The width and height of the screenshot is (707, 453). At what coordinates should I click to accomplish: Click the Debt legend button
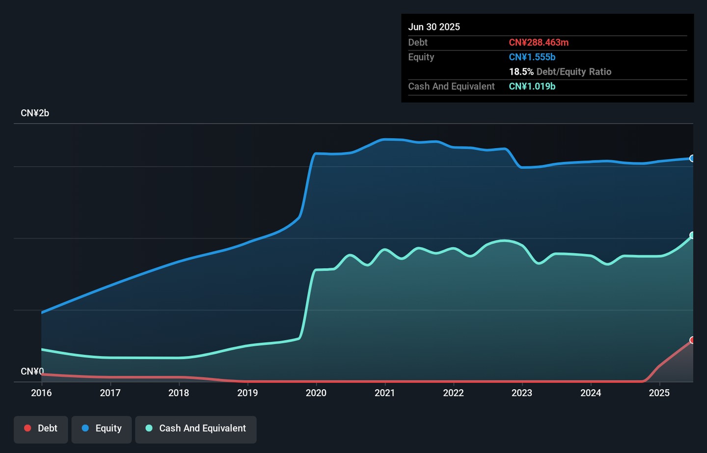(x=41, y=428)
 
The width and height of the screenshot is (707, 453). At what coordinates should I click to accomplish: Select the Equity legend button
(x=102, y=428)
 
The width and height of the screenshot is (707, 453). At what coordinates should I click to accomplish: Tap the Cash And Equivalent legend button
(x=196, y=428)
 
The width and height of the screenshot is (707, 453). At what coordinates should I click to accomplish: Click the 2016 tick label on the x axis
(x=41, y=393)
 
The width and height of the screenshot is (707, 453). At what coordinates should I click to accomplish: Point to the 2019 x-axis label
(x=247, y=393)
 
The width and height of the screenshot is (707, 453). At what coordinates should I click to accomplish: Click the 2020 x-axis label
(x=316, y=393)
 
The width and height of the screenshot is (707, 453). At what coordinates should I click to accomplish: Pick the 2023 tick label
(x=522, y=393)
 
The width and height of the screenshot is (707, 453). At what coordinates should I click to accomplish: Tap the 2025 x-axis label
(x=659, y=393)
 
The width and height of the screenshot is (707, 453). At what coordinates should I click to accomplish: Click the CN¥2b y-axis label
(x=35, y=113)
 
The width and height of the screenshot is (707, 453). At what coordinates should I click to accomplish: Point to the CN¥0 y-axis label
(x=32, y=371)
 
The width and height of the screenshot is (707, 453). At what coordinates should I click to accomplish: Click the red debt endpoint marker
(x=692, y=340)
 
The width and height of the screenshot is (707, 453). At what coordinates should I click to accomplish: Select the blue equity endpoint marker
(x=692, y=159)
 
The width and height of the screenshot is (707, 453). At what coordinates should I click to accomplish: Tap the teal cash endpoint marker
(x=692, y=236)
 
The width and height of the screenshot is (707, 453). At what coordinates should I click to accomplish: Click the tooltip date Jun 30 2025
(x=434, y=27)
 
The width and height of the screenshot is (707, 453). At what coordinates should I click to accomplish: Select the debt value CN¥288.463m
(x=539, y=43)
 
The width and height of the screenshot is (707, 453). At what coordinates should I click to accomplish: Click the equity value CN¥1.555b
(x=532, y=57)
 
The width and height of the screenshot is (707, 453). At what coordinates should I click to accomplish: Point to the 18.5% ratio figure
(x=521, y=72)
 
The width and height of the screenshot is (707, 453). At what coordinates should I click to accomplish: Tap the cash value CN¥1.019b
(x=532, y=86)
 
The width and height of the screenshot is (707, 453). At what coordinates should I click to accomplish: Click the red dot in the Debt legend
(x=28, y=428)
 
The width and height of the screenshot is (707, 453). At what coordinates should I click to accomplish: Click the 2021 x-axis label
(x=385, y=393)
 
